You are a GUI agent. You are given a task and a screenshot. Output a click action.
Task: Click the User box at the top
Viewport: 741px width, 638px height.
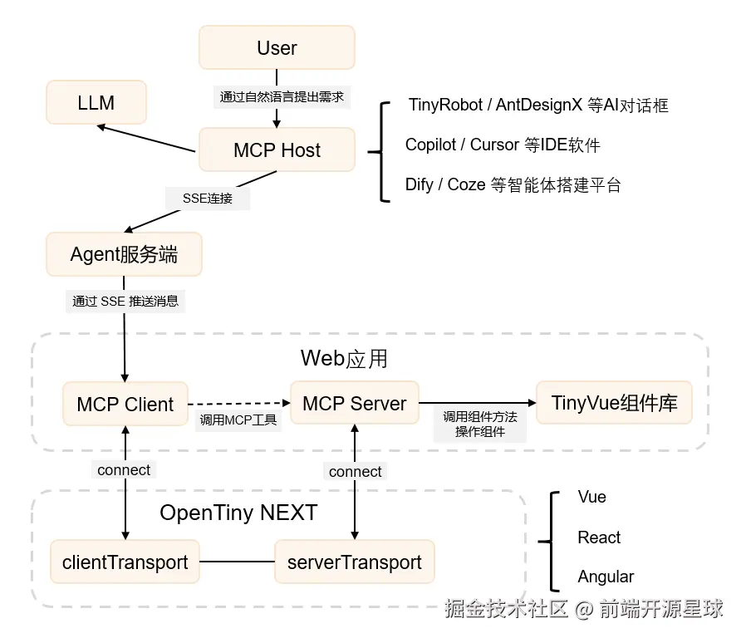pyautogui.click(x=277, y=48)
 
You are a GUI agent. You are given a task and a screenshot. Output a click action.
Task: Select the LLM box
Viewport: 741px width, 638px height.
pyautogui.click(x=96, y=103)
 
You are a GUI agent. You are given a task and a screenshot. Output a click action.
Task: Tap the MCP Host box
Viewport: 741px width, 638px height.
pyautogui.click(x=277, y=150)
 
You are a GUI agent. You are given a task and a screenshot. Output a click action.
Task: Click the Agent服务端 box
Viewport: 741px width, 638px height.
pyautogui.click(x=124, y=254)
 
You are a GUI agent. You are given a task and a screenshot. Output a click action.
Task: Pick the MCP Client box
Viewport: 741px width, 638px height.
pyautogui.click(x=125, y=405)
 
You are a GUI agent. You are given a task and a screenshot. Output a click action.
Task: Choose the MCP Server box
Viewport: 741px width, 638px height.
pyautogui.click(x=355, y=404)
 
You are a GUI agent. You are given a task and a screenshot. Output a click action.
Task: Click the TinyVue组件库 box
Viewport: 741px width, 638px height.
pyautogui.click(x=615, y=404)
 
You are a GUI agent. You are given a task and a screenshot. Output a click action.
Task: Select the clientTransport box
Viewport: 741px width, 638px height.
pyautogui.click(x=125, y=562)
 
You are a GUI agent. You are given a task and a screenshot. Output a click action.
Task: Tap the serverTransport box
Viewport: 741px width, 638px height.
pyautogui.click(x=355, y=562)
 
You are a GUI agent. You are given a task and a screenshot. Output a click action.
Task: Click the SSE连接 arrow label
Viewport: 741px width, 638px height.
pyautogui.click(x=208, y=199)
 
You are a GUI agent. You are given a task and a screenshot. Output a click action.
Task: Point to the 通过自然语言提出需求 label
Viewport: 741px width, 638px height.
pyautogui.click(x=282, y=97)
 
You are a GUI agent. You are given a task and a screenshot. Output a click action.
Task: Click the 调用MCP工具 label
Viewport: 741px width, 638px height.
pyautogui.click(x=238, y=420)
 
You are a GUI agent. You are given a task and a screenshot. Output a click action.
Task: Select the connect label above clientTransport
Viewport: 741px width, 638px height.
pyautogui.click(x=124, y=470)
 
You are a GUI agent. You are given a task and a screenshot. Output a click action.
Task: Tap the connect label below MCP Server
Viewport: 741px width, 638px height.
pyautogui.click(x=356, y=472)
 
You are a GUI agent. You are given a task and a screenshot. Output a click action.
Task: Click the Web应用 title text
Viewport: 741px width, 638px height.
pyautogui.click(x=344, y=359)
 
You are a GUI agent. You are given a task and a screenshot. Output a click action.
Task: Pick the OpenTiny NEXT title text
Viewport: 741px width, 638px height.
pyautogui.click(x=238, y=513)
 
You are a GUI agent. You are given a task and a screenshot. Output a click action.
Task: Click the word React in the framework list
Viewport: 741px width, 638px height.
pyautogui.click(x=599, y=537)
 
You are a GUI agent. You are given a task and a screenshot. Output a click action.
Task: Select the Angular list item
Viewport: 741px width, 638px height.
pyautogui.click(x=606, y=577)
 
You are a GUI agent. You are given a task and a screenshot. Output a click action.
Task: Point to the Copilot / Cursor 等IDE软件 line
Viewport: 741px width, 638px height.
pyautogui.click(x=503, y=145)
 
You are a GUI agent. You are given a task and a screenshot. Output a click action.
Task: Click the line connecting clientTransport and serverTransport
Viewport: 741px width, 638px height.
pyautogui.click(x=238, y=562)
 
